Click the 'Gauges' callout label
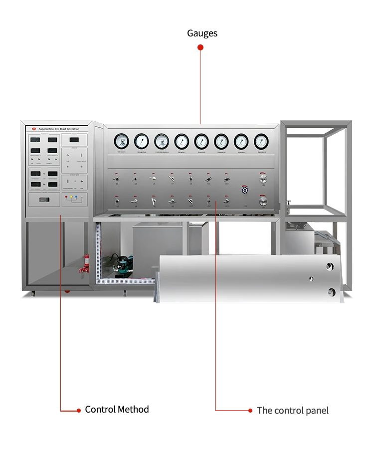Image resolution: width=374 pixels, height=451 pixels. tap(202, 33)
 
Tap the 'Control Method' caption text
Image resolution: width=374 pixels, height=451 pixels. tap(117, 410)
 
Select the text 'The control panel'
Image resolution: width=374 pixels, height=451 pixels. tap(293, 411)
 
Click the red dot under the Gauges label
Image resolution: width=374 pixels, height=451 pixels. tap(200, 47)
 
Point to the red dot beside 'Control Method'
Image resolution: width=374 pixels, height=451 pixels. tap(78, 411)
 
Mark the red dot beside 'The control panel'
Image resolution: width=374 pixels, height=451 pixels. tap(250, 411)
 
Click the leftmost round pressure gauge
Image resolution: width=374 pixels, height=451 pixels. tap(121, 141)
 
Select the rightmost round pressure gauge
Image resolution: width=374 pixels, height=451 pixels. tap(261, 141)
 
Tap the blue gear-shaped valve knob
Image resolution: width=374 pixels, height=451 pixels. tap(245, 190)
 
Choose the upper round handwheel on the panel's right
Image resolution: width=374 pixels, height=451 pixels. tap(263, 178)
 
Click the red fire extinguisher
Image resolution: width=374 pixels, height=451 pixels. tap(87, 262)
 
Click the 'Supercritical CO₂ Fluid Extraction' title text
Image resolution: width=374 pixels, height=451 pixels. tap(59, 129)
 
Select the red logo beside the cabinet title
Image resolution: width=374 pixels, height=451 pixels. tap(33, 129)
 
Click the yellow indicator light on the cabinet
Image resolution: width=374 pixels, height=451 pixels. tap(71, 197)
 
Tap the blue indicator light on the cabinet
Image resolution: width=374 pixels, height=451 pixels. tap(76, 197)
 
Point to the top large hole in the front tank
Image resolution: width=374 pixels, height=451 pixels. tap(330, 266)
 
